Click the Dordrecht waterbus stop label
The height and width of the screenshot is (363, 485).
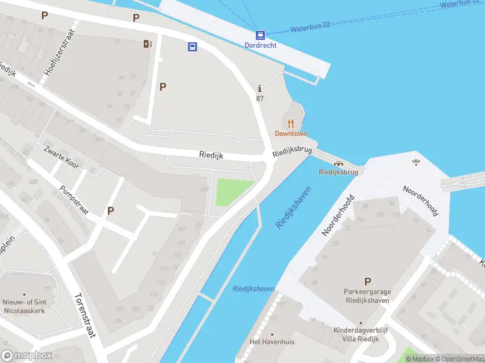click(260, 45)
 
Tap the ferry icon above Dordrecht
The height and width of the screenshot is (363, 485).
click(260, 35)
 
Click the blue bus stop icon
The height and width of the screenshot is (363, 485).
click(192, 47)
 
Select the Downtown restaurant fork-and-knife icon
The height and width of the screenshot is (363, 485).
click(291, 123)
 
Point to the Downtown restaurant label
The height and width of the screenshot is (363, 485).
click(291, 134)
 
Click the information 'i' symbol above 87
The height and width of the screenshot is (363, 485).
click(259, 88)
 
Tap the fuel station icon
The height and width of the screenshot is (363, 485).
click(147, 43)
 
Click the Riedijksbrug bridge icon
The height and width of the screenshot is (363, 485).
click(338, 162)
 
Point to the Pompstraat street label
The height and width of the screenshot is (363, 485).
click(75, 200)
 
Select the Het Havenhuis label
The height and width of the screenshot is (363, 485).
click(272, 342)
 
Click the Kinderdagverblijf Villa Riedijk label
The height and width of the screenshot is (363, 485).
click(360, 335)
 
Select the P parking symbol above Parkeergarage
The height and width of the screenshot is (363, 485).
click(367, 281)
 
